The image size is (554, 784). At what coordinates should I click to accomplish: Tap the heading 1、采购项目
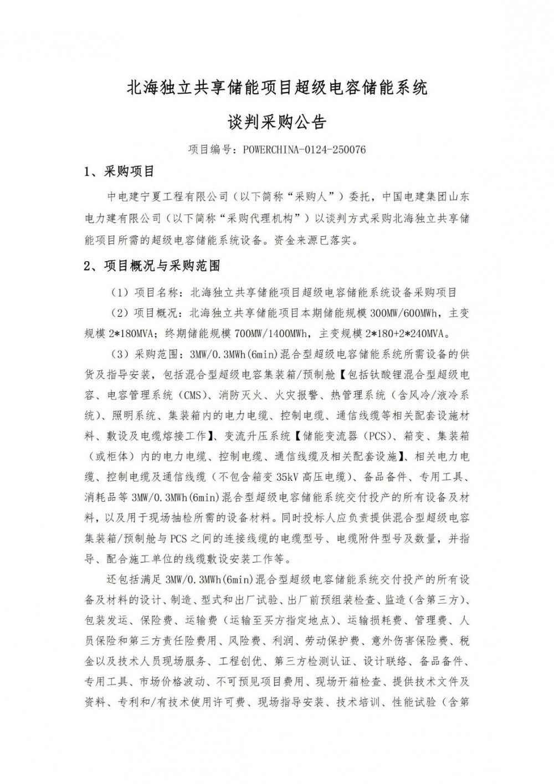pos(119,171)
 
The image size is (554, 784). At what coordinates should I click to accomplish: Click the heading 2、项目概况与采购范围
pos(152,266)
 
